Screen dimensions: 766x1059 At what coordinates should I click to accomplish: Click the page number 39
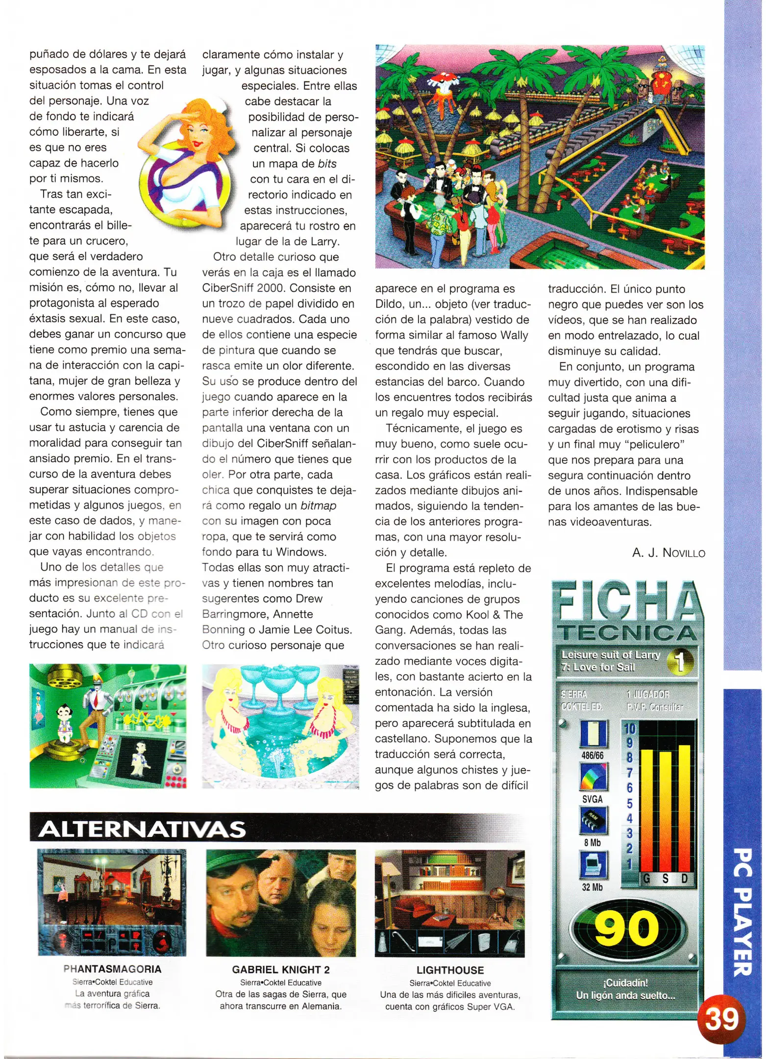click(x=721, y=1019)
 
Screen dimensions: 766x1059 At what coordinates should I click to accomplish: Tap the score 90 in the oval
click(x=627, y=929)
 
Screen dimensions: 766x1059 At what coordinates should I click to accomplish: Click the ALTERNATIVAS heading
click(x=142, y=829)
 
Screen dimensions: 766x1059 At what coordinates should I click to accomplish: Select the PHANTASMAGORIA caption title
click(x=112, y=969)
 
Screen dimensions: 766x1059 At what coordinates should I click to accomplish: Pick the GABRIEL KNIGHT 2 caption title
click(x=281, y=969)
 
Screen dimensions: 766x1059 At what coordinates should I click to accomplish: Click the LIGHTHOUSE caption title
click(x=450, y=970)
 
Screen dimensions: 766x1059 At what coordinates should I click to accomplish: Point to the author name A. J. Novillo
click(x=668, y=553)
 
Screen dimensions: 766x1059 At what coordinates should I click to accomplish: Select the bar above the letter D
click(x=684, y=809)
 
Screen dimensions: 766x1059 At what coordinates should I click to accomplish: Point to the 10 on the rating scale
click(x=629, y=729)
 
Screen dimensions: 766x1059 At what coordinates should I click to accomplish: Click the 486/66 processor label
click(x=592, y=756)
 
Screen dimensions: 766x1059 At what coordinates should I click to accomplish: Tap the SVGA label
click(x=592, y=799)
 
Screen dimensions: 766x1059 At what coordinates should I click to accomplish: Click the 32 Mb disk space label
click(x=592, y=887)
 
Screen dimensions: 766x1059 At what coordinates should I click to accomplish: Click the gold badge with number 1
click(x=680, y=661)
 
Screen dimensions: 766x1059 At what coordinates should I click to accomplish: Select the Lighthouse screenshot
click(x=449, y=903)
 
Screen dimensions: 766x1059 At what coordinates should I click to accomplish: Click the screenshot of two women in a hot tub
click(x=280, y=726)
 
